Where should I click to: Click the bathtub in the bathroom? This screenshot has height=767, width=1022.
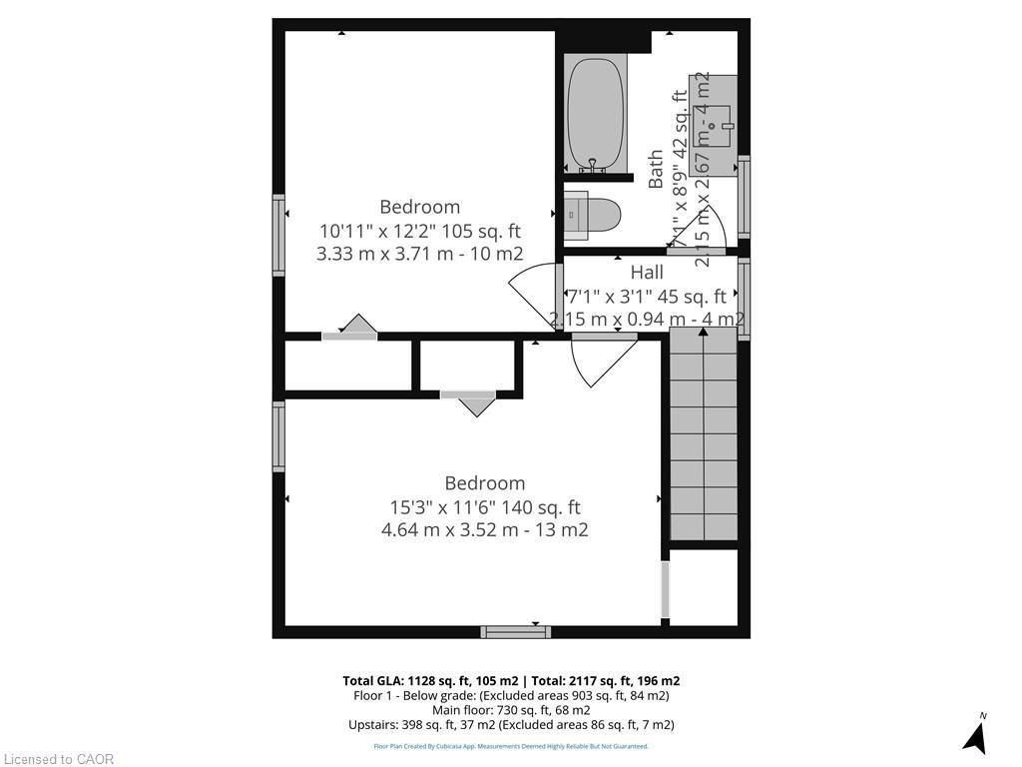coord(596,115)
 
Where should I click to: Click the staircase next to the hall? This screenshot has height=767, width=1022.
coord(704,439)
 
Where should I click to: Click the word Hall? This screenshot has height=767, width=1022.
coord(647,272)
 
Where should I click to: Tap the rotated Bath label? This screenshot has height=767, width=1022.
coord(656,169)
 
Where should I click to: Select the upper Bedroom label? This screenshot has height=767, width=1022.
coord(419,207)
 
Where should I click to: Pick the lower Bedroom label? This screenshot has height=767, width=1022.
coord(484,483)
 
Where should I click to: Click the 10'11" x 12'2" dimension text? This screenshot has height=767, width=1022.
coord(419,231)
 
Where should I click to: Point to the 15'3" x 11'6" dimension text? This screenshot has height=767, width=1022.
coord(484,507)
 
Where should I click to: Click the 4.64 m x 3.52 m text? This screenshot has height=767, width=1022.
coord(484,530)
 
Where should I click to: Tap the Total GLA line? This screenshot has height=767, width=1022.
coord(511,681)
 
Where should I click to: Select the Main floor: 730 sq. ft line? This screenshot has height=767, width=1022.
coord(511,710)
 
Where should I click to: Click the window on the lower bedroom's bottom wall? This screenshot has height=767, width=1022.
coord(515,632)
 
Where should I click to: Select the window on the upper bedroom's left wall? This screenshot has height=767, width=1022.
coord(278,235)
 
